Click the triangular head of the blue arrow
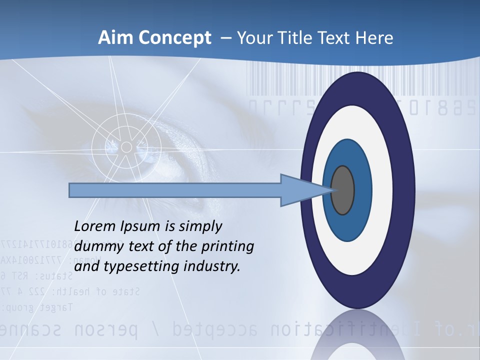300,190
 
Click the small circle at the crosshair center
126,147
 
